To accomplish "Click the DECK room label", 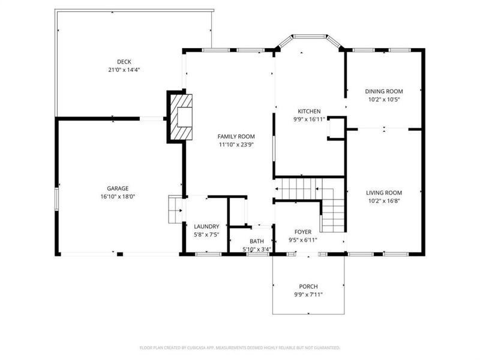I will coord(124,61).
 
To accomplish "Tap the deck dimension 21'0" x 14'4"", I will coord(124,70).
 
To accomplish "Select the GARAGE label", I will coord(118,188).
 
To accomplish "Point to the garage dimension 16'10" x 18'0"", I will coord(118,197).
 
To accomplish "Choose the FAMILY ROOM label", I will coord(236,136).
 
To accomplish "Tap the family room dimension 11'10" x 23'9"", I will coord(236,145).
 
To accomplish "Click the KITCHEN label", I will coord(310,111).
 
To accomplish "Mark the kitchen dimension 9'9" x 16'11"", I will coord(310,119).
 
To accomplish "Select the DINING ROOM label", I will coord(384,91).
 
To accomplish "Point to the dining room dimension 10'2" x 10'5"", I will coord(384,100).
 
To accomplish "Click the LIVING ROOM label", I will coord(384,193).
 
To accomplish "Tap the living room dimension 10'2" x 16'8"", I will coord(384,201).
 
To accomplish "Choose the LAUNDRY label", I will coord(206,226).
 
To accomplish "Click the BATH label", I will coord(256,241).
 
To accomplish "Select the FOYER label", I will coord(302,232).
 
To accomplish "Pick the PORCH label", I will coord(308,287).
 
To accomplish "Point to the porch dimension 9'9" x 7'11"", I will coord(308,295).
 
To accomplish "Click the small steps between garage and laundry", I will coord(175,210).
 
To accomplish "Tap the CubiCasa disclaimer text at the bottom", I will coord(240,347).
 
